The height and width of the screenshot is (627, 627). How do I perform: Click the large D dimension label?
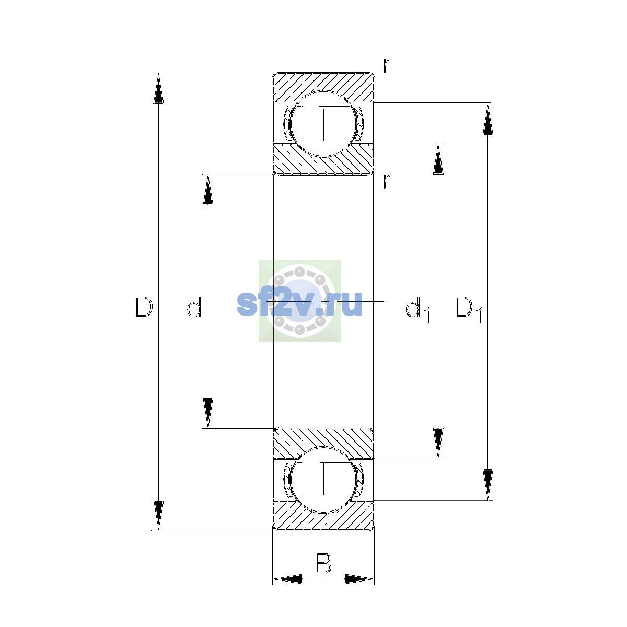(144, 307)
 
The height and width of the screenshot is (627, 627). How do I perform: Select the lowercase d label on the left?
(194, 307)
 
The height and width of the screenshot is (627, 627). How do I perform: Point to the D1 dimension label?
(468, 309)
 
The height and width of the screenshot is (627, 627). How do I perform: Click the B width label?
(323, 563)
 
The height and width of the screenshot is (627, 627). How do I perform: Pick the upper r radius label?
(387, 65)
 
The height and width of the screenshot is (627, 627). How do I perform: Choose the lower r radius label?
(387, 181)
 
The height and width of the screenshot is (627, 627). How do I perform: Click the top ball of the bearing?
(323, 124)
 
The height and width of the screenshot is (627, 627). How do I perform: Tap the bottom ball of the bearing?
(323, 480)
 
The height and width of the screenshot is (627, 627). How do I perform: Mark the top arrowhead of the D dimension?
(158, 88)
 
